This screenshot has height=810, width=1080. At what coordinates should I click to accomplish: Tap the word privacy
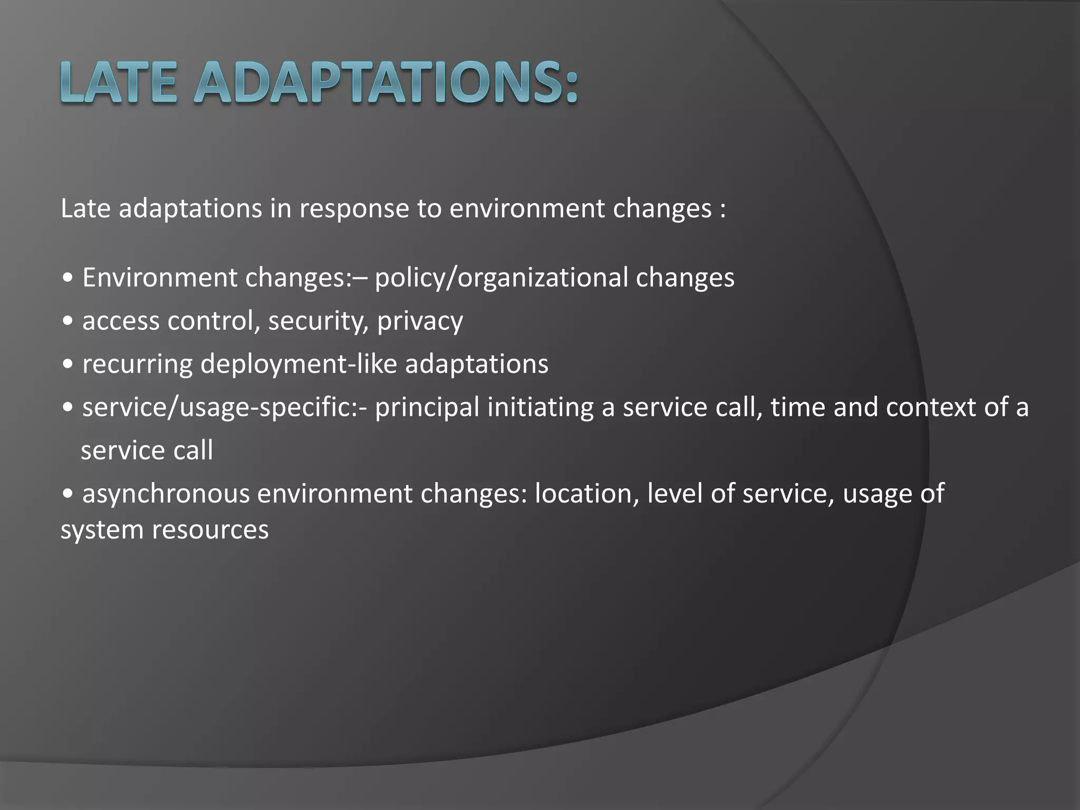[x=420, y=321]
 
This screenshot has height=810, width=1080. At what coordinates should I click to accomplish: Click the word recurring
[x=137, y=364]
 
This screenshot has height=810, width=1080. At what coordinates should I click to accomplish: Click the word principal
[x=427, y=408]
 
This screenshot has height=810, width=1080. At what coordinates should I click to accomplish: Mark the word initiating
[x=540, y=408]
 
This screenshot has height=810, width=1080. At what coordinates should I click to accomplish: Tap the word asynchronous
[x=166, y=494]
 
